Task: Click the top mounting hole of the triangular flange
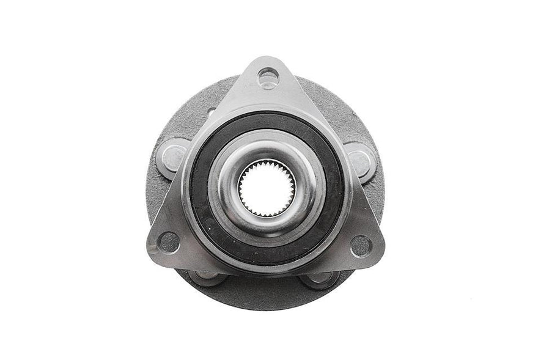(267, 77)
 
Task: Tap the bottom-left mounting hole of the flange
(169, 242)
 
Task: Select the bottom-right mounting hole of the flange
(361, 246)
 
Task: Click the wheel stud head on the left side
(174, 156)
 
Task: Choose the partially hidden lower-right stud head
(320, 280)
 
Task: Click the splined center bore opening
(267, 187)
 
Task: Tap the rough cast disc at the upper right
(342, 113)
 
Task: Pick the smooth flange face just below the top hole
(267, 98)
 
